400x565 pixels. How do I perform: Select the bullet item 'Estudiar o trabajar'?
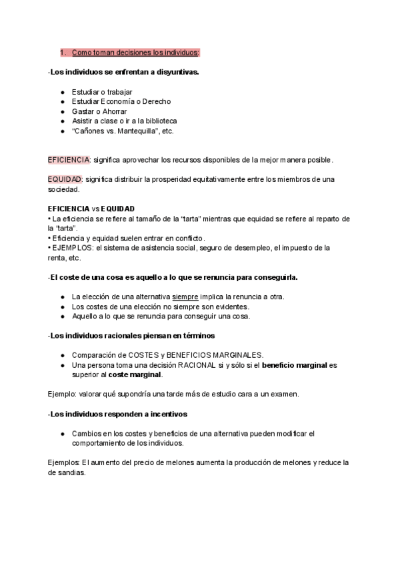pos(102,91)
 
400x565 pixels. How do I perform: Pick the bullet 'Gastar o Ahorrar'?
pos(99,111)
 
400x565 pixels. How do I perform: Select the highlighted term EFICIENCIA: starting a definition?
pos(69,160)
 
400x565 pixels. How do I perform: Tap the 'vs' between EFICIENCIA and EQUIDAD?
pos(96,209)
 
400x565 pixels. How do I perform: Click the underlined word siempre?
pos(185,296)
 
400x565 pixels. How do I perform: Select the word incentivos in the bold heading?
pos(165,414)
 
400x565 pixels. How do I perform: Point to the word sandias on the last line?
pos(71,472)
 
